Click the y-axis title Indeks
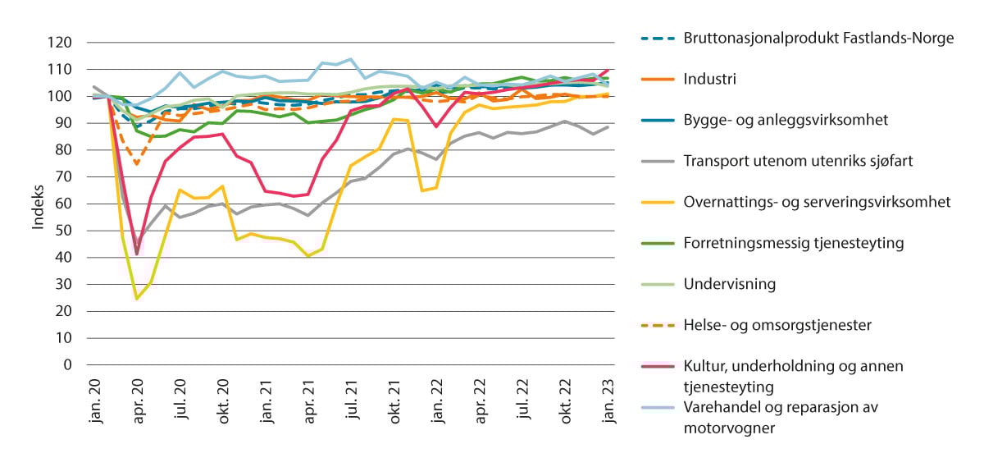(x=39, y=204)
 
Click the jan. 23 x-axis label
(x=611, y=401)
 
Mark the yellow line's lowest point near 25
(x=138, y=299)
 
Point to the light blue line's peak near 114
(x=351, y=59)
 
